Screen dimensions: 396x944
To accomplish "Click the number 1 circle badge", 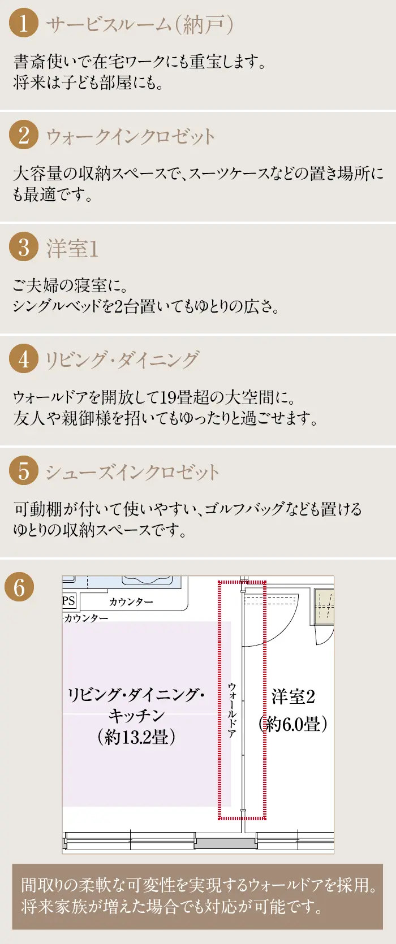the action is point(24,23).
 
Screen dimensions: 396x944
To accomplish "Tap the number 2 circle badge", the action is point(24,135).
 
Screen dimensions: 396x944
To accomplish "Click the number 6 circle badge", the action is point(19,587).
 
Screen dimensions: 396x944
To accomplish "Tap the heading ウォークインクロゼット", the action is point(130,137).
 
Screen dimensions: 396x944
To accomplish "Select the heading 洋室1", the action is point(72,248).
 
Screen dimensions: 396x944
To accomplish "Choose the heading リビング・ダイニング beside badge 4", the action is point(122,360).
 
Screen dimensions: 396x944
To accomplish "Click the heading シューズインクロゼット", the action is point(132,472).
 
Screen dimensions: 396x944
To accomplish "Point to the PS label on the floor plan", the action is point(69,600).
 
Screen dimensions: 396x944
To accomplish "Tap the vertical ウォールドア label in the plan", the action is point(232,709).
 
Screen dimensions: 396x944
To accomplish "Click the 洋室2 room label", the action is point(293,697).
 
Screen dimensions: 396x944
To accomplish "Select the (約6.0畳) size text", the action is point(292,724).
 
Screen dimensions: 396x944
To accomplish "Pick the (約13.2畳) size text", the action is point(137,737).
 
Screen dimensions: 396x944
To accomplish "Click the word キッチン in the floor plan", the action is point(136,715).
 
